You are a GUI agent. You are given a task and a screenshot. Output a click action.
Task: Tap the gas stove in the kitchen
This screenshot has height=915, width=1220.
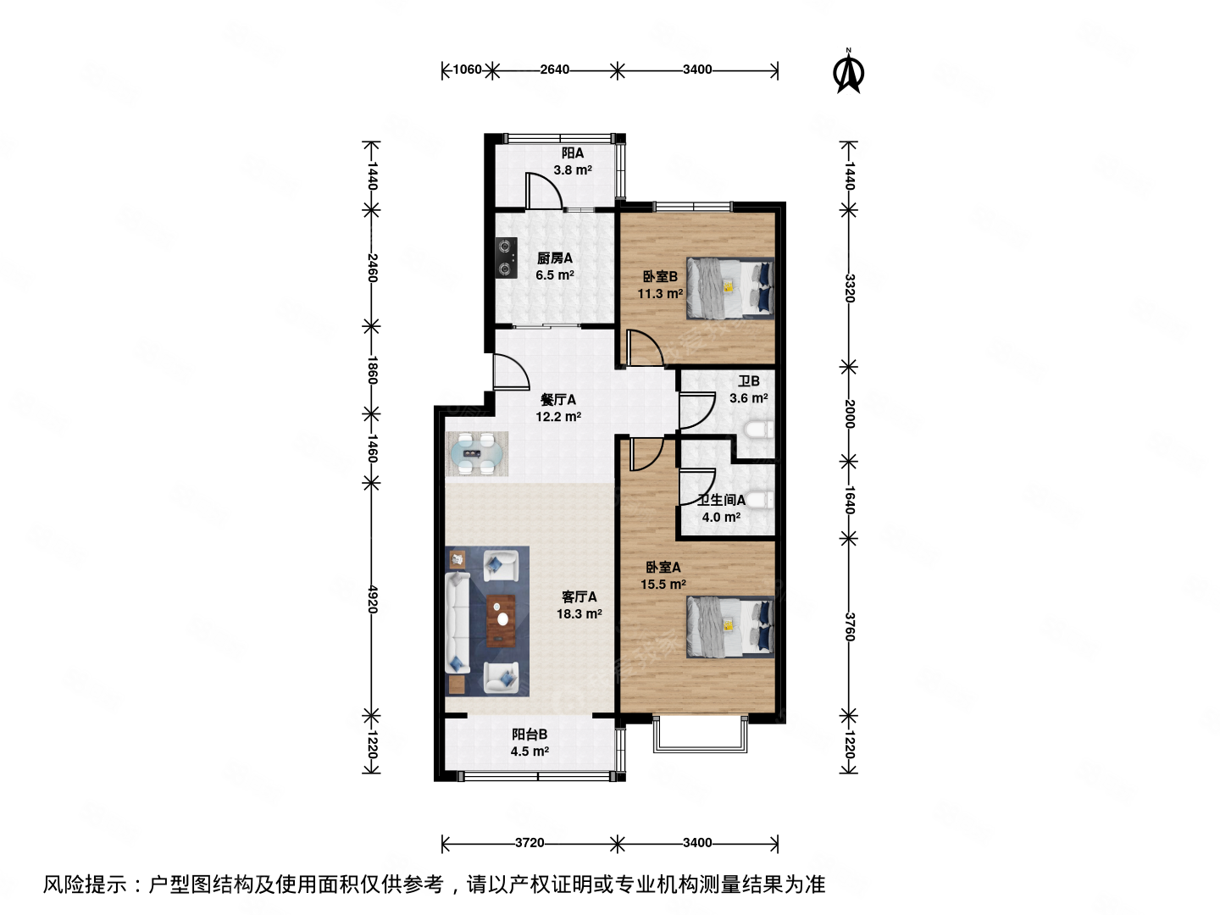point(506,258)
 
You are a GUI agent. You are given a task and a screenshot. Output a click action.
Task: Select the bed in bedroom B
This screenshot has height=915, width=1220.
point(729,288)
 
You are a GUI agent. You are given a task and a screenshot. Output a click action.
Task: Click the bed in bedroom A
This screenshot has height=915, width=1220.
point(729,627)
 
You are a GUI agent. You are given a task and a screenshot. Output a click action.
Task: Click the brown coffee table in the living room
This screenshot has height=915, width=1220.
point(501,620)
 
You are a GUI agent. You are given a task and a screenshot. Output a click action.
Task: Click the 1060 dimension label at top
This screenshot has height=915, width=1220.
point(467,69)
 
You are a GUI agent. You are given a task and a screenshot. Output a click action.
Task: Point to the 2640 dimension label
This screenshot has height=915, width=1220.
point(555,69)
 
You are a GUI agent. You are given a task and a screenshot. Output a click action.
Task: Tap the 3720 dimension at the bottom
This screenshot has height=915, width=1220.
point(530,842)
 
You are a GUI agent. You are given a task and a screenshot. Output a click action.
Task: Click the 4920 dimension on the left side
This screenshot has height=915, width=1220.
point(372,599)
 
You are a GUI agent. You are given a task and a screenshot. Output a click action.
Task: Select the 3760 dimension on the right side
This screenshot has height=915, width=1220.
point(849,627)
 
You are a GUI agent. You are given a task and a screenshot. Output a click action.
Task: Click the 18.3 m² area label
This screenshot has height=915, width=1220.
point(579,614)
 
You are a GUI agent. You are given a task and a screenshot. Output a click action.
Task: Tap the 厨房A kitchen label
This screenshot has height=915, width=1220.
point(555,258)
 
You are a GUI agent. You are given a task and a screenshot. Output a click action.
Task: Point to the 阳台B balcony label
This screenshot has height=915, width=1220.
point(530,735)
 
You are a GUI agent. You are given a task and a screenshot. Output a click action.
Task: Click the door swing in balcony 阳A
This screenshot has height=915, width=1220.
point(542,191)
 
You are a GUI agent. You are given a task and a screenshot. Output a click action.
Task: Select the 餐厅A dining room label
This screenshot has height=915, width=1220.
point(558,400)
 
